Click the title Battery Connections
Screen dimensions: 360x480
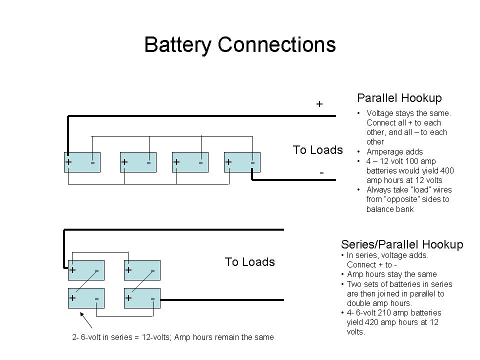239,45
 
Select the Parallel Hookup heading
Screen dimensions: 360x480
399,98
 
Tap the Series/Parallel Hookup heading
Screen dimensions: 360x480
402,244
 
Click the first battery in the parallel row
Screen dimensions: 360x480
82,162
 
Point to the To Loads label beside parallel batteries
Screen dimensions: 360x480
317,150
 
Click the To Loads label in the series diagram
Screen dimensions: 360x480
249,262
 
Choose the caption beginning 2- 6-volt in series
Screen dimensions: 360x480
173,337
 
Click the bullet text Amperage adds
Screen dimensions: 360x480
394,151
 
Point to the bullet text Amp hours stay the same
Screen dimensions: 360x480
391,274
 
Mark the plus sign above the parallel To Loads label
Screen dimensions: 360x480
319,104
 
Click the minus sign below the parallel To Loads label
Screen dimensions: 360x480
321,172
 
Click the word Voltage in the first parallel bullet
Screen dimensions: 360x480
380,113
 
